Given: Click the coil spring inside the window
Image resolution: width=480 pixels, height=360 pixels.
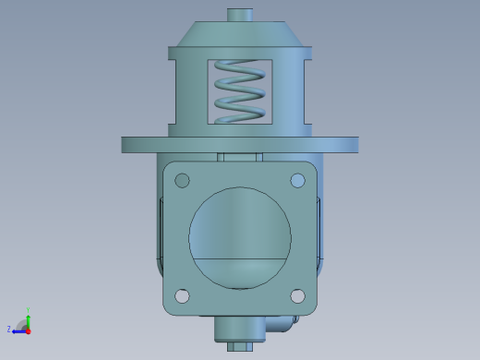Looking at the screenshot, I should point(239,91).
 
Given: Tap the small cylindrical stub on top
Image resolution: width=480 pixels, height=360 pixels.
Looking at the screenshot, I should point(240,15).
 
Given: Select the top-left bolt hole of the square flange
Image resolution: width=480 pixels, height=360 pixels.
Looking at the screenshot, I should point(182,180).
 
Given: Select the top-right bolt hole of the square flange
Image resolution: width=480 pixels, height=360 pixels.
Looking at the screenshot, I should point(297,180).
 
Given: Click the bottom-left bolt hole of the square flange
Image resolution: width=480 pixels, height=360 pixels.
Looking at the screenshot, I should point(182,296).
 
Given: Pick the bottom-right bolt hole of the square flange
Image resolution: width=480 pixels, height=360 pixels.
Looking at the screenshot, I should point(297,296).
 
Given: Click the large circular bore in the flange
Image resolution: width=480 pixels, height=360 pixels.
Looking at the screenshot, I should point(240,226).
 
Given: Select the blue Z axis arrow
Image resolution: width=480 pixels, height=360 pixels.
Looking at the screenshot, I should point(18,330).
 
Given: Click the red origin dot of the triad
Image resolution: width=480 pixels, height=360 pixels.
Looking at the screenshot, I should point(28,330).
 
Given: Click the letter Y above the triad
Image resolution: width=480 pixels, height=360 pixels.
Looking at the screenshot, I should point(29,309).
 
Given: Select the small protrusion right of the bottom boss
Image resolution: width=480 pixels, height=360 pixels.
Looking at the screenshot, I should point(281,324).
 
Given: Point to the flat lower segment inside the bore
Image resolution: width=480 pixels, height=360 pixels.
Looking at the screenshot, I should point(240,272).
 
